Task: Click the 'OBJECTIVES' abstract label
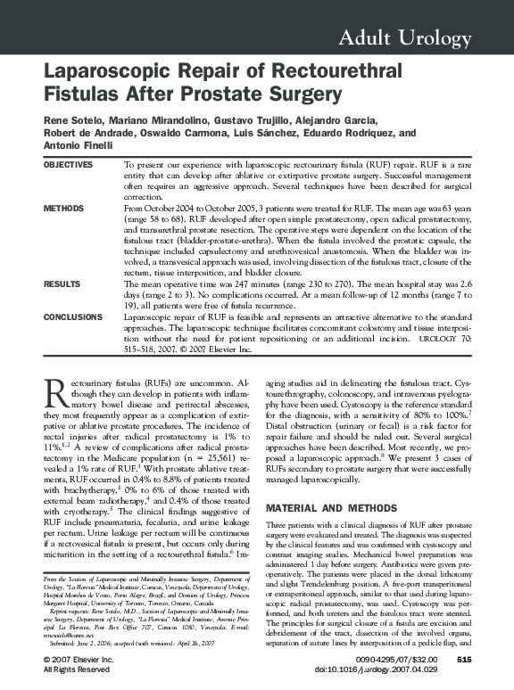tap(67, 166)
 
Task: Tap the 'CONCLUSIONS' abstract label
tap(72, 316)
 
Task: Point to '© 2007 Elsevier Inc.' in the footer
tap(79, 660)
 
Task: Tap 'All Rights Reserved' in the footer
tap(77, 669)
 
